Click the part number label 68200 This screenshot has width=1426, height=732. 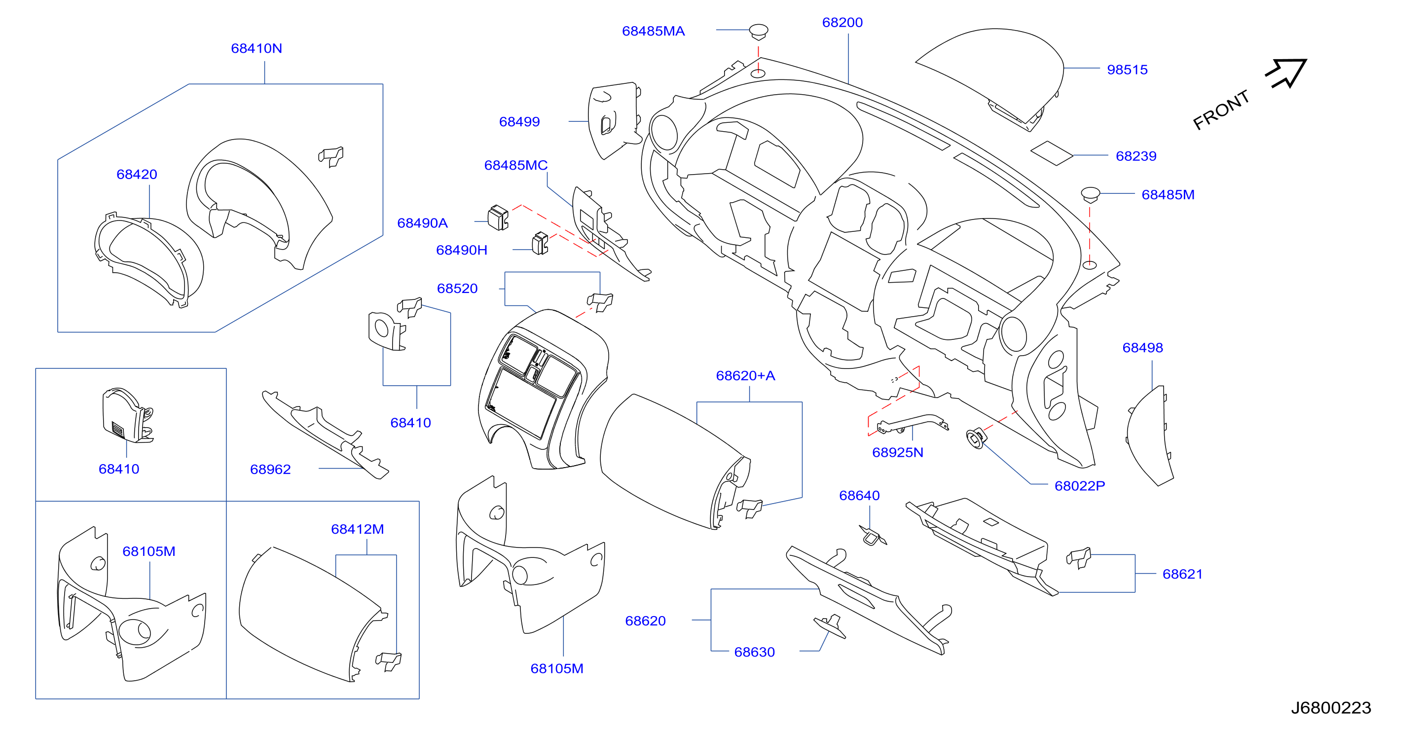[842, 23]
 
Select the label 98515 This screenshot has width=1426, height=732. [1127, 70]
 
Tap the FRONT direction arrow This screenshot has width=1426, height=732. [1286, 73]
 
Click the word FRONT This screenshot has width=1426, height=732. [1221, 110]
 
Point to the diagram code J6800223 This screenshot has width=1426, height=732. [1331, 708]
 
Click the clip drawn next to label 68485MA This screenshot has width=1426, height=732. [759, 31]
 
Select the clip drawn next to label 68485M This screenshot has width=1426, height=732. [1090, 194]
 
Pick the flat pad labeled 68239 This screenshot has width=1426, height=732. [1052, 153]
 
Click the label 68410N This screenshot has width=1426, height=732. [256, 49]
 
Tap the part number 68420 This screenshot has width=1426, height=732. [137, 175]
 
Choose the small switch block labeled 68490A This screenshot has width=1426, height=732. [498, 218]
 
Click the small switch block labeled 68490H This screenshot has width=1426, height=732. [540, 244]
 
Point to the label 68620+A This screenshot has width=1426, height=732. [745, 376]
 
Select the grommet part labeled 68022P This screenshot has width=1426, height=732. [976, 438]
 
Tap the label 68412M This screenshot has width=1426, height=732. [357, 529]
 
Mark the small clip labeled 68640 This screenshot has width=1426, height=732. [873, 535]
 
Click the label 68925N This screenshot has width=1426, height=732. [897, 453]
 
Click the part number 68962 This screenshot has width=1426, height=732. [270, 470]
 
